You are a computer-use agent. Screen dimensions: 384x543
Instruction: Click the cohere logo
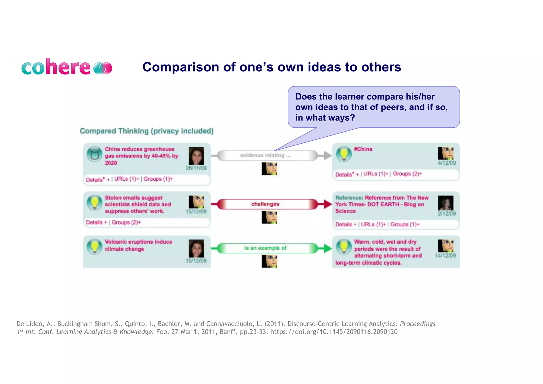(x=66, y=67)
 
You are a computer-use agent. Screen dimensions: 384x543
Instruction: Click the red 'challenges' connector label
(x=265, y=204)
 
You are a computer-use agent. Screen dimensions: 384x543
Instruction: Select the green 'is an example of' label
(x=265, y=248)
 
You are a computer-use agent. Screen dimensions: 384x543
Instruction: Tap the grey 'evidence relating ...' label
(x=265, y=156)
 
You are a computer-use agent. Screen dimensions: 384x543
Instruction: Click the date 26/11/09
(x=196, y=168)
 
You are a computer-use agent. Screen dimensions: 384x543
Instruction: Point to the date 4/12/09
(x=446, y=163)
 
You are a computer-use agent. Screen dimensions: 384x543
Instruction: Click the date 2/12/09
(x=446, y=214)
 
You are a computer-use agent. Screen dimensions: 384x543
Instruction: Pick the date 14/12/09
(x=445, y=256)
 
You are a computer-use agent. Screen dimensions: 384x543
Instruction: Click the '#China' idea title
(x=363, y=149)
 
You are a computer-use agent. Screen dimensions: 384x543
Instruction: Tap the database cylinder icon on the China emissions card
(x=94, y=154)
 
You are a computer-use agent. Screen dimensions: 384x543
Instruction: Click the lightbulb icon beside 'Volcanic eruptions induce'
(x=94, y=247)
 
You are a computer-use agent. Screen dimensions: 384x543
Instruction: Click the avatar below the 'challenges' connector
(x=269, y=217)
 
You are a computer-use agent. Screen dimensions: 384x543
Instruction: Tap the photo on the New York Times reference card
(x=445, y=203)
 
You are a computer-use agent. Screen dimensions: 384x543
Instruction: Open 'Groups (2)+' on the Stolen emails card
(x=126, y=222)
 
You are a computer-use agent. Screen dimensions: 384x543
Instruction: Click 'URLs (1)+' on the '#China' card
(x=376, y=174)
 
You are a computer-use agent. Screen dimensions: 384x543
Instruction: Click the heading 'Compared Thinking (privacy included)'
(x=147, y=131)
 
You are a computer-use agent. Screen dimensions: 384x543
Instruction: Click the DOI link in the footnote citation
(x=334, y=332)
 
